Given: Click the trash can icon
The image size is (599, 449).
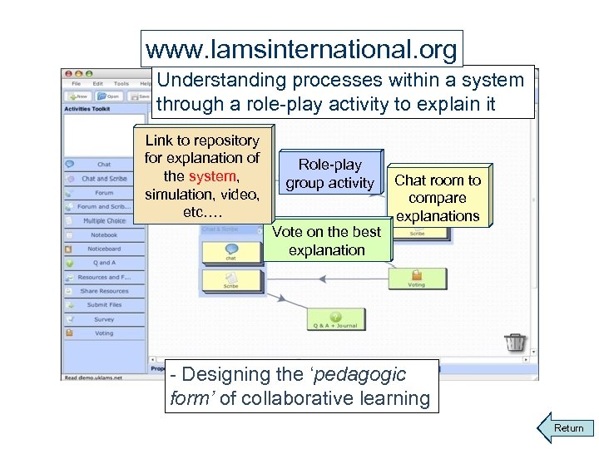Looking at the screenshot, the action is point(516,341).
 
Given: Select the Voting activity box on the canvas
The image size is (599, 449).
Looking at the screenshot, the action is point(416,277).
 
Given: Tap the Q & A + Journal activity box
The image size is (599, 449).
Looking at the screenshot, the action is point(335,319).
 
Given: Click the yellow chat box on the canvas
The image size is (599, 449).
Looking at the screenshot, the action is point(231,251).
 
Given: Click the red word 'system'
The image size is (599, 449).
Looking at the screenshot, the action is point(213,176).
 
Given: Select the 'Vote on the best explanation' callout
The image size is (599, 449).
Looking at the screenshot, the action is point(326,241).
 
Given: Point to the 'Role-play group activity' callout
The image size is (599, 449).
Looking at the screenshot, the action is point(330,174).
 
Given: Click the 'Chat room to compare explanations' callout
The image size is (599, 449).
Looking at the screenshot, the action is point(437,198).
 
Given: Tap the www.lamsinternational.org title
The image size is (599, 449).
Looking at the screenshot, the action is point(301,50).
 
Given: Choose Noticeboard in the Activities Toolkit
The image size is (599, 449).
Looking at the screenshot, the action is point(103,249).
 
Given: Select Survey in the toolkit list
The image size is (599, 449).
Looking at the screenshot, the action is point(103,318).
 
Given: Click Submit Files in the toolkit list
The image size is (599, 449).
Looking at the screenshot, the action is point(103,305).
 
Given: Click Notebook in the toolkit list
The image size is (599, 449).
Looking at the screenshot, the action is point(103,235).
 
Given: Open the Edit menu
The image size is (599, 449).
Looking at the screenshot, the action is point(98,83).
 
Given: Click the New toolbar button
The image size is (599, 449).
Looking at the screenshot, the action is point(80,96).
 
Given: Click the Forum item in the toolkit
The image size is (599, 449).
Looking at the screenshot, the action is point(103,193).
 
